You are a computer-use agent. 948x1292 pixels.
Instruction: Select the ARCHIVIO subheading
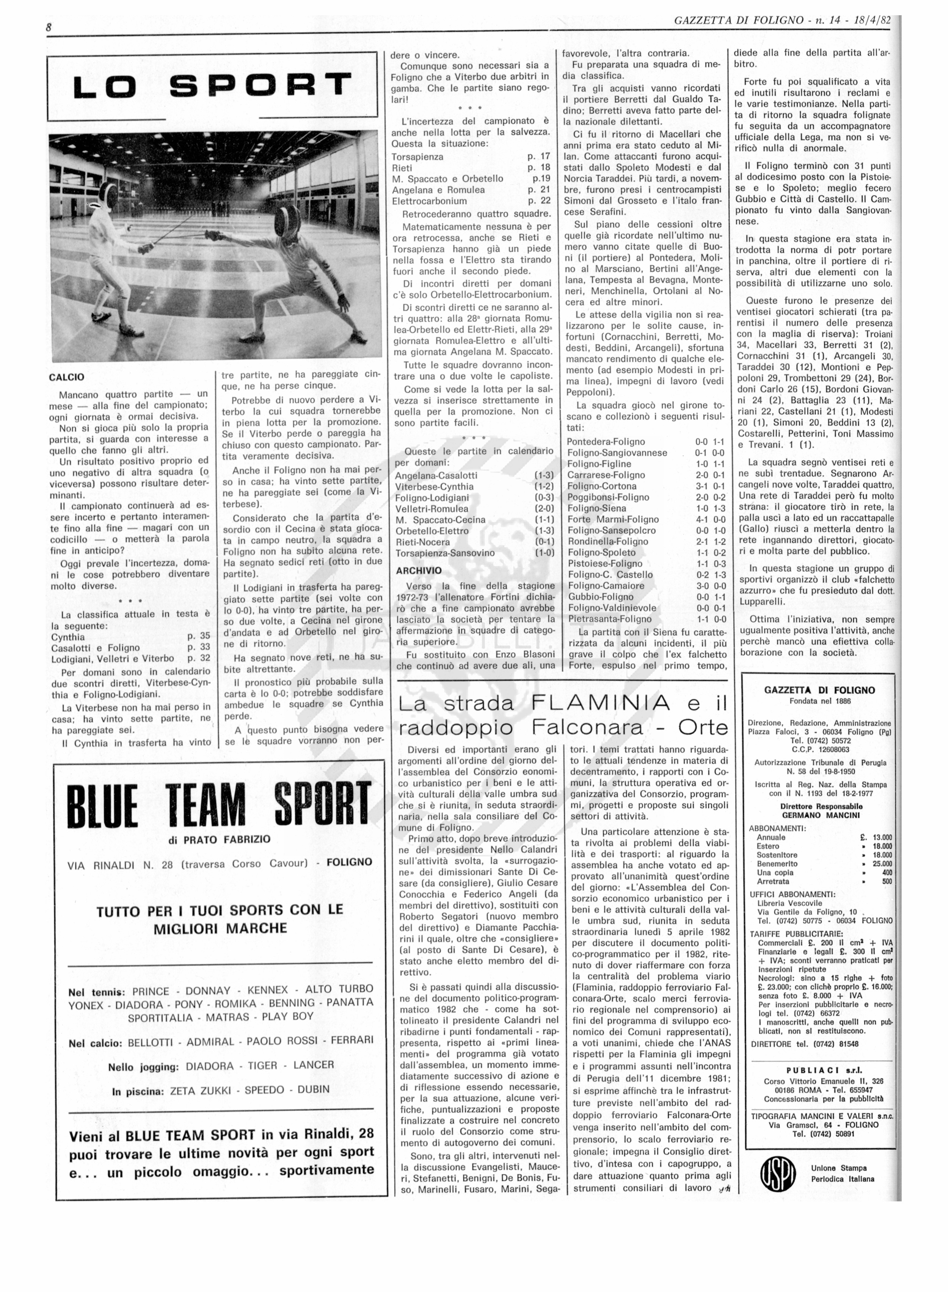[419, 571]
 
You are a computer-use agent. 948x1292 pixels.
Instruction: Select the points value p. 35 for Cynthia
[199, 636]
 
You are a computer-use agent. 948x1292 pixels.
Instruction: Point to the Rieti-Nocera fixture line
[424, 542]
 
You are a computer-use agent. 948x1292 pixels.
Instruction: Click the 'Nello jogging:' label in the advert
[143, 1067]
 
